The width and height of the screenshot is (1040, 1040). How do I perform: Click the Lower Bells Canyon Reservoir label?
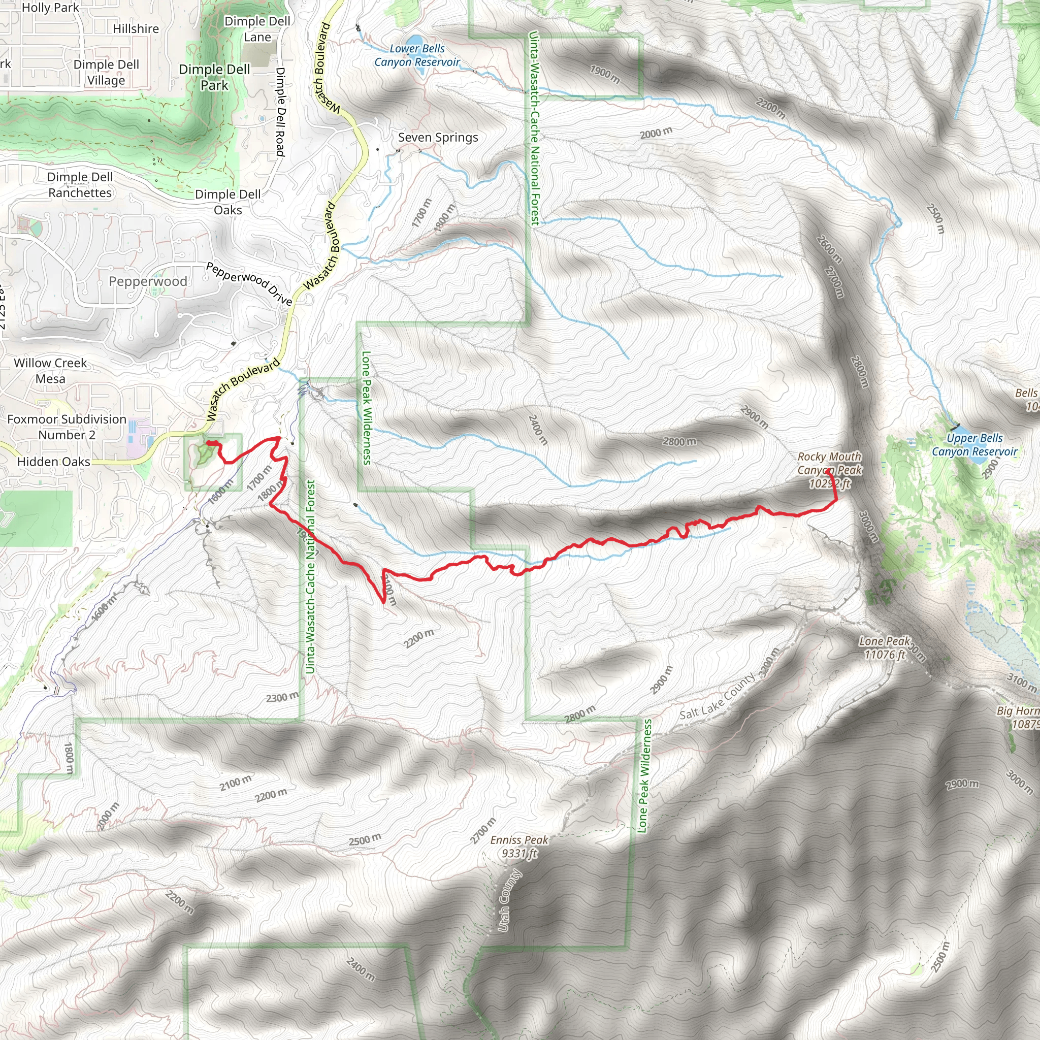(x=417, y=55)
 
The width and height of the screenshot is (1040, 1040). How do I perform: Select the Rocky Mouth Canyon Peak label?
(x=830, y=470)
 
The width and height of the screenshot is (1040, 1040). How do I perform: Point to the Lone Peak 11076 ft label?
(x=885, y=647)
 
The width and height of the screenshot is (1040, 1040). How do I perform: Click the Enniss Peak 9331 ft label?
(x=519, y=847)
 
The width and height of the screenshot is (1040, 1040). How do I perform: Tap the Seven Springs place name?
(x=438, y=138)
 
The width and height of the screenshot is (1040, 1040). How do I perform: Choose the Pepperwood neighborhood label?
(x=148, y=281)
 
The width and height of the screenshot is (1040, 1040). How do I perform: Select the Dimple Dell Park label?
(x=214, y=78)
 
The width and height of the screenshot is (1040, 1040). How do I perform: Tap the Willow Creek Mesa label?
(x=50, y=370)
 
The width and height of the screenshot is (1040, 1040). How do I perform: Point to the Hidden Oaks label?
(x=54, y=462)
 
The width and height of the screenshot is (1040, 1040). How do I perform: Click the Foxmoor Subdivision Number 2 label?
(x=67, y=427)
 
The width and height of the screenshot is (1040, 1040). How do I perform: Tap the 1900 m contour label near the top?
(x=605, y=74)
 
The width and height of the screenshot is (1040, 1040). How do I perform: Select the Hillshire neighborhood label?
(x=136, y=29)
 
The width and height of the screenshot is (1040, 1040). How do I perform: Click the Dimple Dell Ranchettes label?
(x=80, y=185)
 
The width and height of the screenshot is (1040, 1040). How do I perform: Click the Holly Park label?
(x=50, y=8)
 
